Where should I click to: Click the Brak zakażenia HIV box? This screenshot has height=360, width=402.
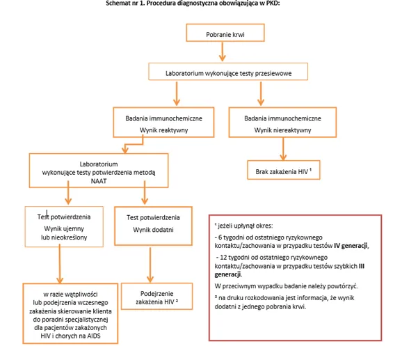tap(282, 171)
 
